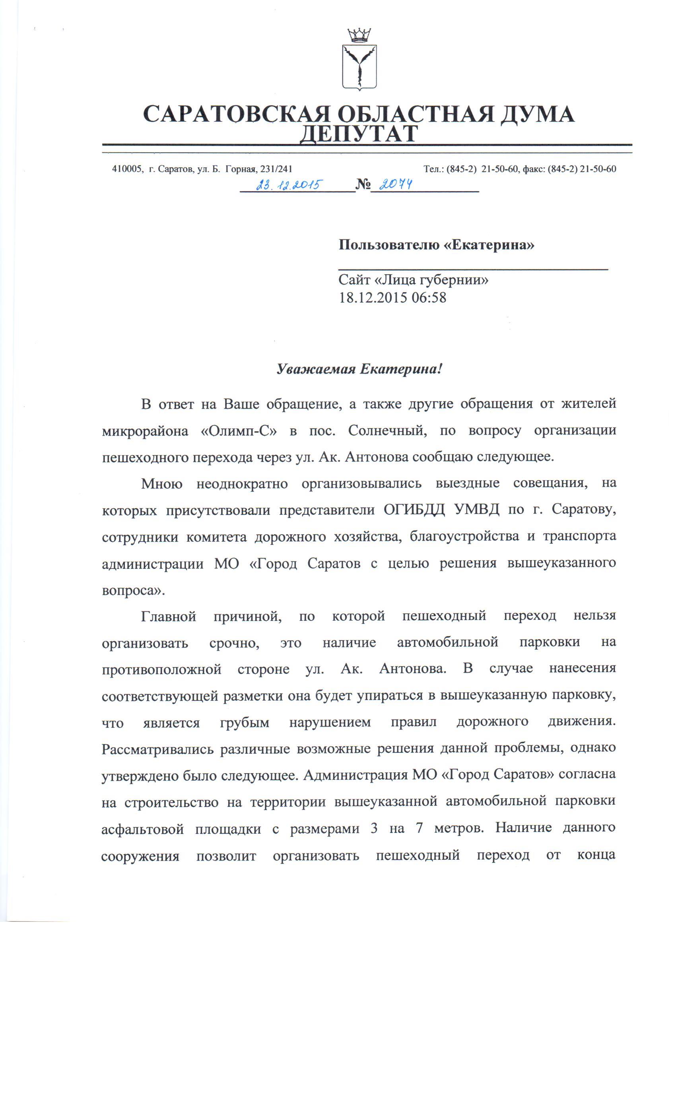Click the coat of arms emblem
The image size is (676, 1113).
click(x=359, y=67)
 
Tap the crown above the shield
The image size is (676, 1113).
click(x=359, y=35)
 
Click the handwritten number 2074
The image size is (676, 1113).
click(x=394, y=184)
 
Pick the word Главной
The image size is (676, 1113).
click(x=169, y=616)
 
